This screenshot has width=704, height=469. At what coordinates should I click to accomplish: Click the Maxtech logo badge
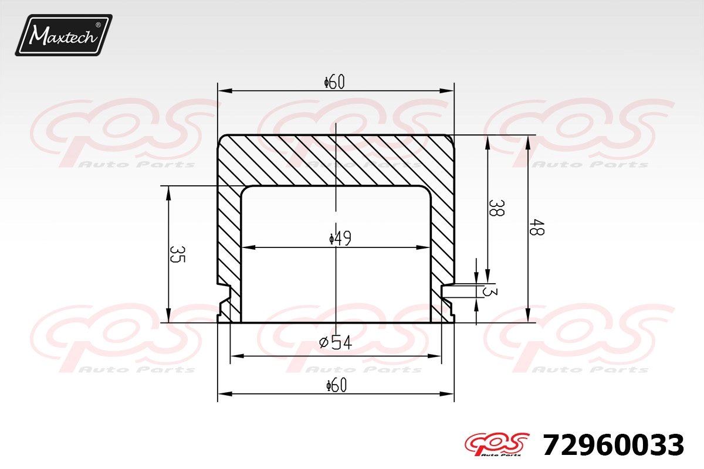(63, 35)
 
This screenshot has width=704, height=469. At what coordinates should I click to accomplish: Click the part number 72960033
(613, 445)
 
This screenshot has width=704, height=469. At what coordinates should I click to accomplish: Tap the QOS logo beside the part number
(497, 444)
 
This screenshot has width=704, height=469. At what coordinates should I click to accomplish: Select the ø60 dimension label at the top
(334, 82)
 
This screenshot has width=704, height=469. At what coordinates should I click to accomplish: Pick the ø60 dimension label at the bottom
(336, 385)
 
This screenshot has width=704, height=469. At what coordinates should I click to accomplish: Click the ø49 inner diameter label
(340, 239)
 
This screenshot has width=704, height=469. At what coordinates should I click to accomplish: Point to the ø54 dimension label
(336, 342)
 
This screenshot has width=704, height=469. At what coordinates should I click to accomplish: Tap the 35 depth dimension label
(178, 254)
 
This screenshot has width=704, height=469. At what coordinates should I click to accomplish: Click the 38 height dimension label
(496, 208)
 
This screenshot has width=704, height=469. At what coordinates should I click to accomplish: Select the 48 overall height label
(536, 227)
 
